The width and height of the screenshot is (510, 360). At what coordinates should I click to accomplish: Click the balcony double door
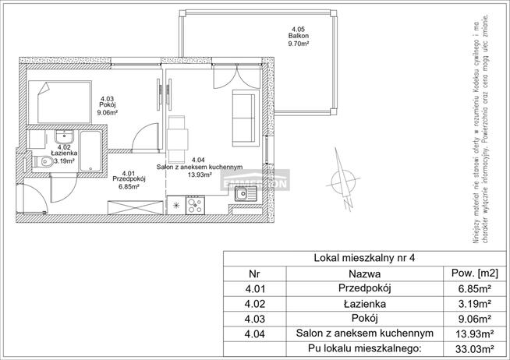pos(232,77)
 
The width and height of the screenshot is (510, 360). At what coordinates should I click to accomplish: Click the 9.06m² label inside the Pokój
pos(107,112)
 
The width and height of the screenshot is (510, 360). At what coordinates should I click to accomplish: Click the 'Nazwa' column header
pos(365,274)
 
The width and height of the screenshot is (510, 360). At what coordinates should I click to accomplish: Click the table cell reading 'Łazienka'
pos(365,304)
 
